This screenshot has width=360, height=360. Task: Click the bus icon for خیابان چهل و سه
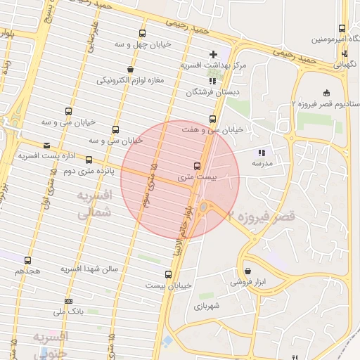click(x=143, y=33)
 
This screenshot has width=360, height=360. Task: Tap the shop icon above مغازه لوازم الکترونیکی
click(x=131, y=69)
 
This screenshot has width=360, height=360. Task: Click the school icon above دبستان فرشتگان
click(x=212, y=82)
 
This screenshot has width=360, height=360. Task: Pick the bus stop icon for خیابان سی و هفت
click(x=212, y=119)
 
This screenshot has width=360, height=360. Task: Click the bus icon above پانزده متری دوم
click(x=89, y=160)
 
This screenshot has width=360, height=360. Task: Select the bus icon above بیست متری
click(x=197, y=167)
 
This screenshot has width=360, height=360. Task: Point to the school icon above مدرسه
click(x=262, y=152)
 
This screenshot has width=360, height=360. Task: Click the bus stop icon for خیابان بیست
click(x=168, y=274)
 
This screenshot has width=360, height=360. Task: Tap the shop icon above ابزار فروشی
click(x=247, y=271)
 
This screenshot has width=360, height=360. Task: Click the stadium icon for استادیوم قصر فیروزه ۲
click(x=326, y=93)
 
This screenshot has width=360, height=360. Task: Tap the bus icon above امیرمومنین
click(x=342, y=29)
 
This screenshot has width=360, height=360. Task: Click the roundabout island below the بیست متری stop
click(x=203, y=207)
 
